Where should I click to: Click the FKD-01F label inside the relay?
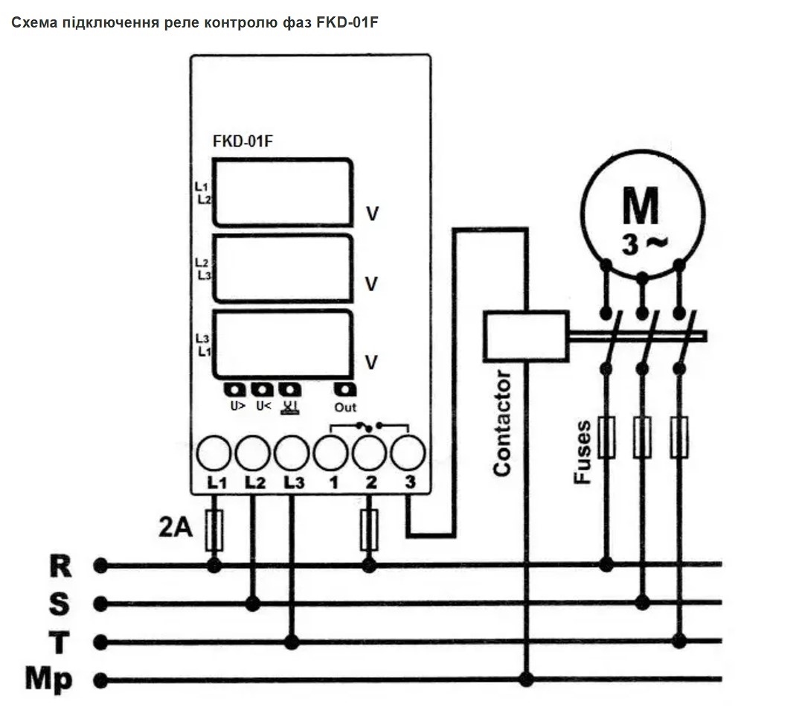point(243,141)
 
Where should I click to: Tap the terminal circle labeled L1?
point(214,453)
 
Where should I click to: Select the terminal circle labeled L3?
point(292,453)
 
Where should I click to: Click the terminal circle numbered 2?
point(369,453)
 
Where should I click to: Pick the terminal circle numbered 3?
point(408,453)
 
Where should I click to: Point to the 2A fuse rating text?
point(176,527)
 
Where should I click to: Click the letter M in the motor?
point(641,206)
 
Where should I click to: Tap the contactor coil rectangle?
point(526,336)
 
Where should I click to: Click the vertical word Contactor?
point(502,423)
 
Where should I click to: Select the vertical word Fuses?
point(583,452)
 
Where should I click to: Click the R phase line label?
point(60,566)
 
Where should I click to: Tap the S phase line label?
point(60,604)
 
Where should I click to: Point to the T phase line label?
point(59,642)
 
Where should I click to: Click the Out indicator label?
point(345,407)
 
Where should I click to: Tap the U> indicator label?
point(238,406)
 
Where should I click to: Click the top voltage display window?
point(283,193)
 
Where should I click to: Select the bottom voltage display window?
point(283,345)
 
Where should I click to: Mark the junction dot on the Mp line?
point(526,680)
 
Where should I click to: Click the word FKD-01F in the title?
point(347,22)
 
